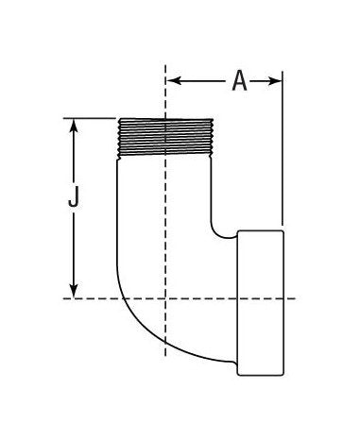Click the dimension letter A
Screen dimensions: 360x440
[x=239, y=82]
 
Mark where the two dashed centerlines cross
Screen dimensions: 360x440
[x=166, y=298]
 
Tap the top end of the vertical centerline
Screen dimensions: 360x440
[x=166, y=66]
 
